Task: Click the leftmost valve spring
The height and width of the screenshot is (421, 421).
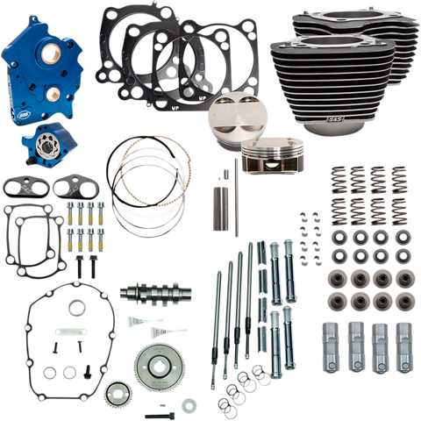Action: (335, 189)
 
